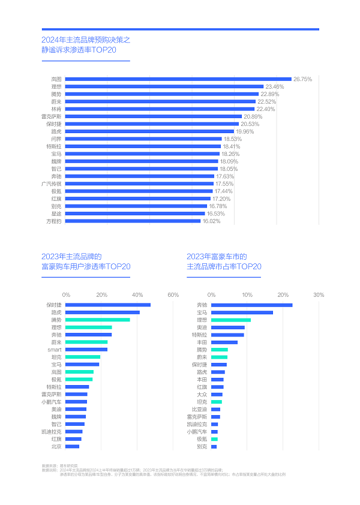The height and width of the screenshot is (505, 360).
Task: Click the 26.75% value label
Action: (302, 79)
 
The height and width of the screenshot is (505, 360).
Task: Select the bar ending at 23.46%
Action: (164, 86)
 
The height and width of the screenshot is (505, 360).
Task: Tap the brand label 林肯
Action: (55, 109)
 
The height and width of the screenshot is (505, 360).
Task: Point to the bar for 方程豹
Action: (133, 221)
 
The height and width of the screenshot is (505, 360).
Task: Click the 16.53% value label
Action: (217, 214)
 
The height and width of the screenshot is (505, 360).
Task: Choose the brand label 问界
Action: (55, 139)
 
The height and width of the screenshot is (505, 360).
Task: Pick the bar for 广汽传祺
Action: (139, 184)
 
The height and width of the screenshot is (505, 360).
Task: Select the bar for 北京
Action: (72, 446)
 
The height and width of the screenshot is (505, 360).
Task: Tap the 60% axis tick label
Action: (173, 294)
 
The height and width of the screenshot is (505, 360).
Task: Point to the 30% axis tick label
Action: (318, 294)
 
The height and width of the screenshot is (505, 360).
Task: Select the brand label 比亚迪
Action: (200, 409)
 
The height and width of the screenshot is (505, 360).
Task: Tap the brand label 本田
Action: (202, 380)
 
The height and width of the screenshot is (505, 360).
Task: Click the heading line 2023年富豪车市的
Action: (217, 257)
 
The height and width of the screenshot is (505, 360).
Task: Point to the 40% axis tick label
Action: (137, 294)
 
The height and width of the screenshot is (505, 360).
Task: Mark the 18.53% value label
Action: (232, 139)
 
